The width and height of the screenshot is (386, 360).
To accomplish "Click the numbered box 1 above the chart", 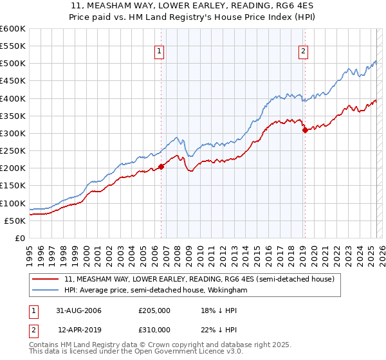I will (x=159, y=53).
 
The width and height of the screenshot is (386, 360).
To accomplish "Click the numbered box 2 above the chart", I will (x=303, y=53).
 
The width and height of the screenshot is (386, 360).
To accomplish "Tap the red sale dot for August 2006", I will (x=161, y=166).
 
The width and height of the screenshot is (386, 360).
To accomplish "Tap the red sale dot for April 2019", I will (x=305, y=130).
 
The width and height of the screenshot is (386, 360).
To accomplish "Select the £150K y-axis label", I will (x=13, y=186).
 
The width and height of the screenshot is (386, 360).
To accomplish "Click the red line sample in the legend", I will (x=47, y=280).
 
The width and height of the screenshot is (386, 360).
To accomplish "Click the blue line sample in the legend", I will (x=47, y=291).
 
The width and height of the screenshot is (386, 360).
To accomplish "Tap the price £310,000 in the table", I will (x=154, y=329).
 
